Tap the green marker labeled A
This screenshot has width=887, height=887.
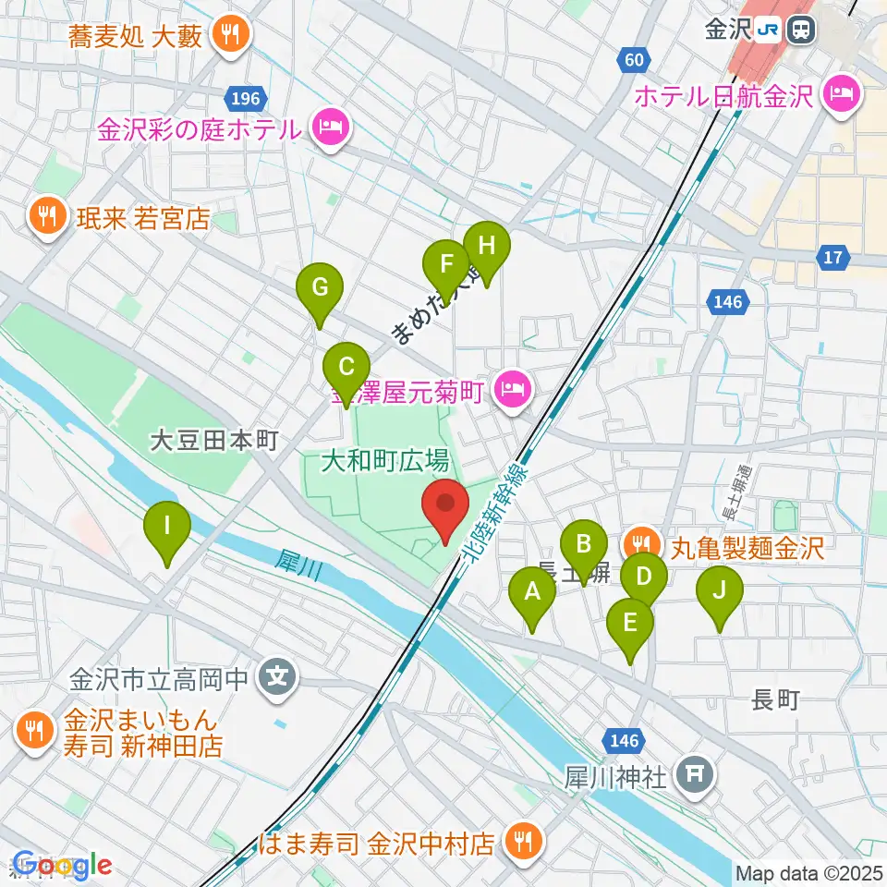[x=532, y=592]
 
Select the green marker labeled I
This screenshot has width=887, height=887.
[x=167, y=528]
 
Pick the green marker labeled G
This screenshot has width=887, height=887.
[x=320, y=287]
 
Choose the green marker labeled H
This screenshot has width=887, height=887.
[x=487, y=247]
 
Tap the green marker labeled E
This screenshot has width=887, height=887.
[x=630, y=624]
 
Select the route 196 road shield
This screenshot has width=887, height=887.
[x=247, y=98]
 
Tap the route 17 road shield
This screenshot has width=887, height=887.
[x=833, y=258]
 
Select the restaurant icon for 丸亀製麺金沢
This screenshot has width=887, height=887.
[x=640, y=541]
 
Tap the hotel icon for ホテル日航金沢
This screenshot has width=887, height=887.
[x=842, y=93]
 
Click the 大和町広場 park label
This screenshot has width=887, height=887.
[x=385, y=459]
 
